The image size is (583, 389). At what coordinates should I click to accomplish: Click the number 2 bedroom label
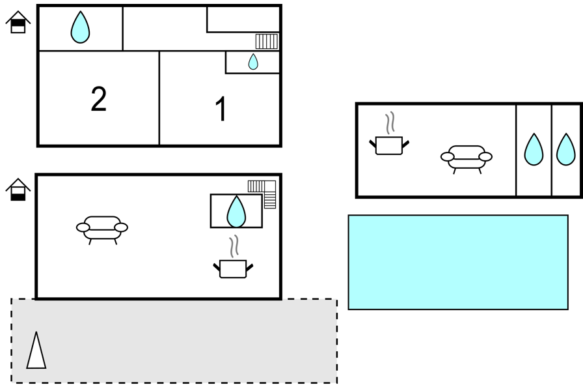[98, 98]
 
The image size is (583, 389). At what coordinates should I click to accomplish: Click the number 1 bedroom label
[221, 108]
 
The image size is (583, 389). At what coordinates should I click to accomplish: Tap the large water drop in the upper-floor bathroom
[80, 27]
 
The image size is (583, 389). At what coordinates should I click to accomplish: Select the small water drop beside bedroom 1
[253, 62]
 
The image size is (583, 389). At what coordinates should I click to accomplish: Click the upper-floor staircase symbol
[267, 41]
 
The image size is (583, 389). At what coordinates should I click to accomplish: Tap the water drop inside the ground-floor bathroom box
[236, 211]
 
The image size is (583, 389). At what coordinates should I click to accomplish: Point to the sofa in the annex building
[467, 160]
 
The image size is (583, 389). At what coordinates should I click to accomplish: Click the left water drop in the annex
[534, 149]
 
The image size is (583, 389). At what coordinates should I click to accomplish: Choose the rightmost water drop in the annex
[566, 149]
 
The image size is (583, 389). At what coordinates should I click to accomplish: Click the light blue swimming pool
[458, 262]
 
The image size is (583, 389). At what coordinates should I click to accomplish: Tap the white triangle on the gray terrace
[36, 351]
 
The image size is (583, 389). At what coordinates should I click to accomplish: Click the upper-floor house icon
[18, 22]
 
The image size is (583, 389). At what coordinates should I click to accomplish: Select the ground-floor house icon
[18, 190]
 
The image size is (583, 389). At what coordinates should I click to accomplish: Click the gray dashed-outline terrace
[174, 341]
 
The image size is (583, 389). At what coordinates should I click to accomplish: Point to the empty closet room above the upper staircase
[243, 20]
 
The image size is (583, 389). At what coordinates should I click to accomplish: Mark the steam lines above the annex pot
[390, 123]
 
